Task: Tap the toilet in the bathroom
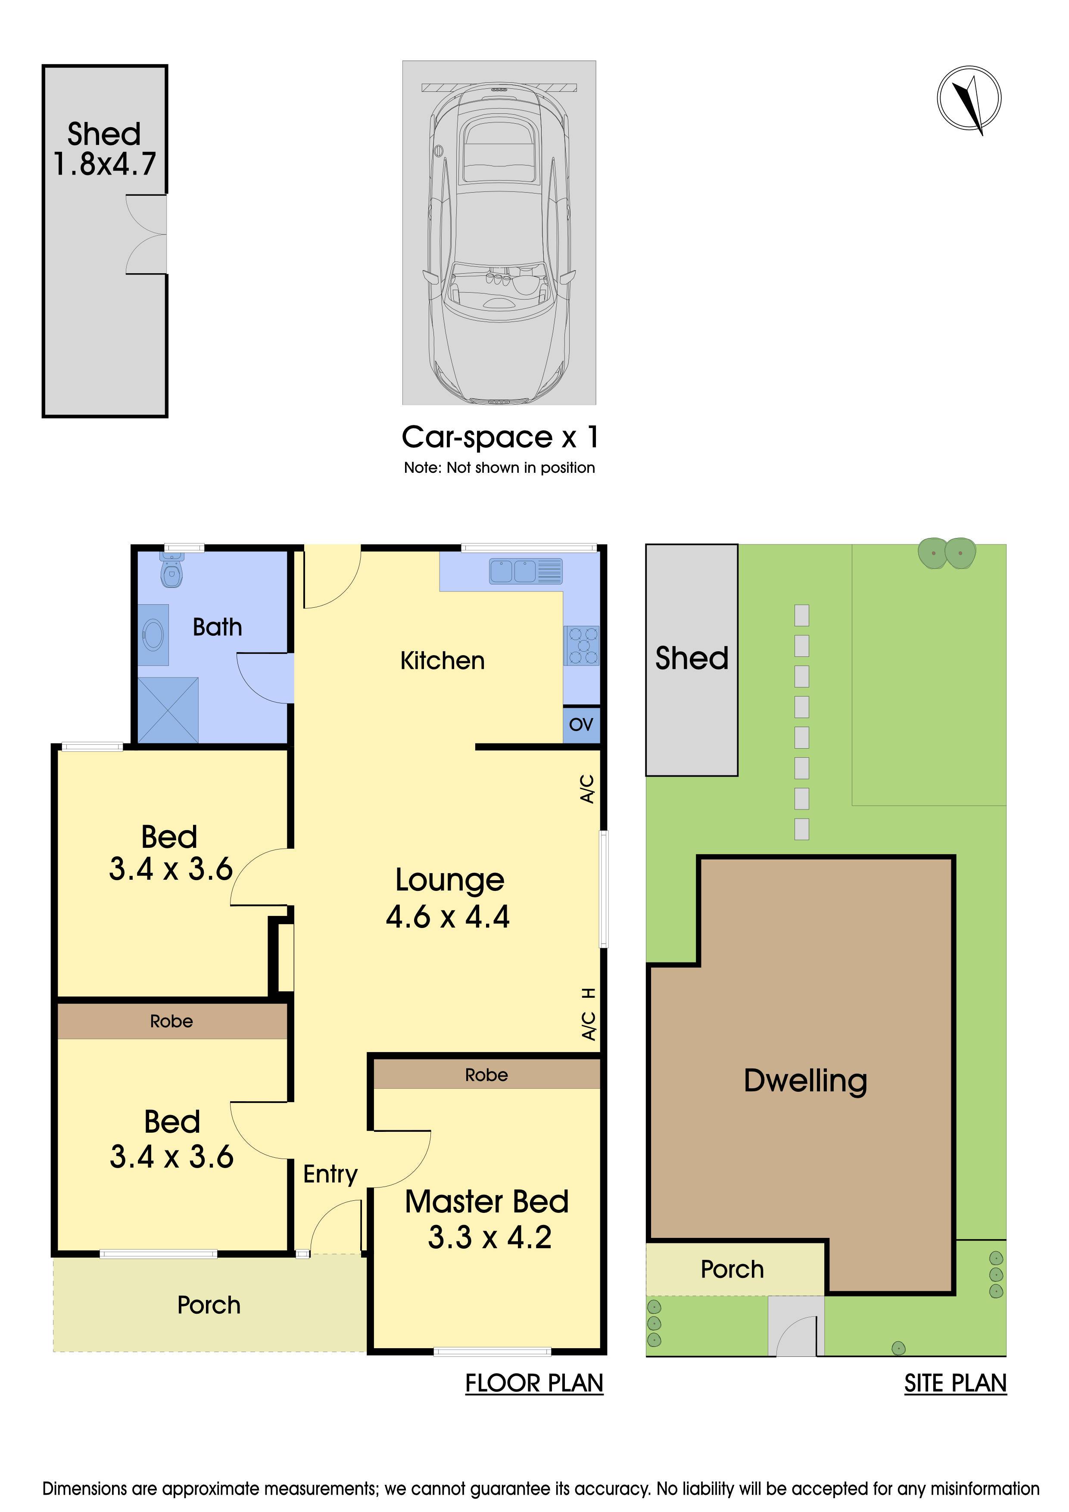[x=171, y=570]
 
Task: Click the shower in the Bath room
[x=168, y=710]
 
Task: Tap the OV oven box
[x=581, y=725]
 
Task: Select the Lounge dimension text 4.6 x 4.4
[x=448, y=917]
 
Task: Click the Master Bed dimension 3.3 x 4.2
[x=490, y=1237]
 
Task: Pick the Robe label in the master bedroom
[x=486, y=1075]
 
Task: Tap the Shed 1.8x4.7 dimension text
[x=104, y=164]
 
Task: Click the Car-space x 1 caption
[x=500, y=437]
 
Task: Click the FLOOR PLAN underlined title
[x=534, y=1384]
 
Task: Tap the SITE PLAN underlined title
[x=956, y=1384]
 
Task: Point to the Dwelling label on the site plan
[x=806, y=1082]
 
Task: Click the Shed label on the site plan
[x=692, y=659]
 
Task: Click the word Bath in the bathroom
[x=217, y=627]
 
